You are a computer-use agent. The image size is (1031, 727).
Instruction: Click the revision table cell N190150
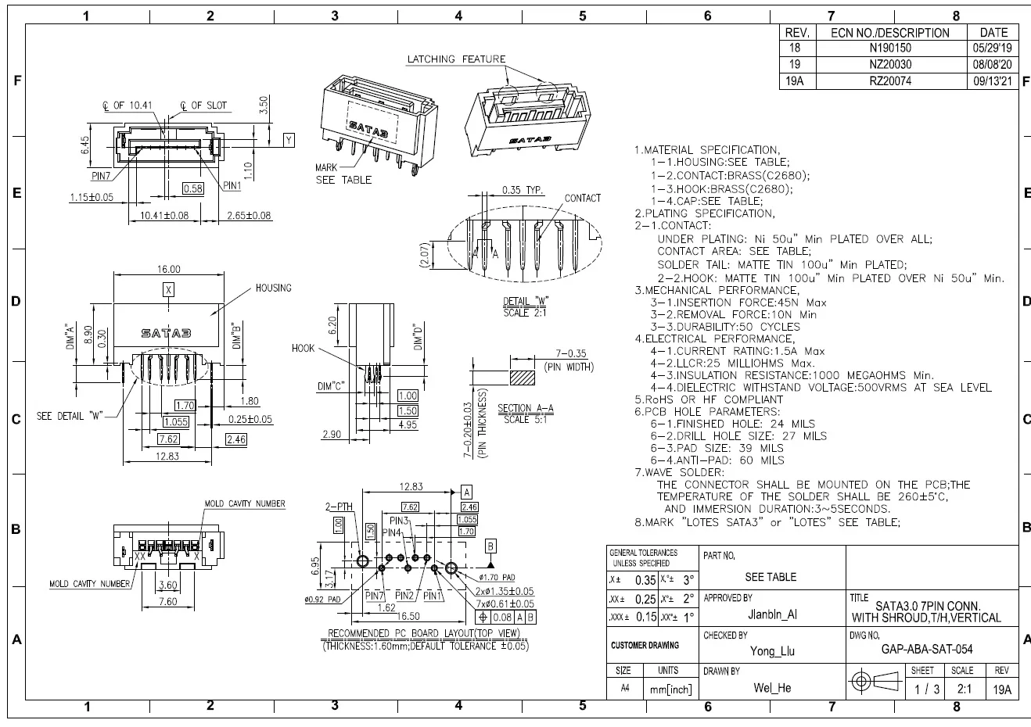[x=890, y=48]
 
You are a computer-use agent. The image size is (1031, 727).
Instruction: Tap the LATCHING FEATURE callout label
[x=456, y=59]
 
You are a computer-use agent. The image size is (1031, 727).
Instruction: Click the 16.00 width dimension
[x=168, y=269]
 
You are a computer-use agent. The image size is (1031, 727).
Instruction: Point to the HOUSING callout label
[x=273, y=288]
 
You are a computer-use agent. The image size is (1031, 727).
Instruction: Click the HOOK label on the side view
[x=303, y=348]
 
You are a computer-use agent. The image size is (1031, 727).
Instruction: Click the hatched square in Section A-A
[x=523, y=377]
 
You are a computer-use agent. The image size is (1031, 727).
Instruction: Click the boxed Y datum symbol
[x=289, y=140]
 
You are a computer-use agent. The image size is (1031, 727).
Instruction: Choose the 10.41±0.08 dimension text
[x=164, y=215]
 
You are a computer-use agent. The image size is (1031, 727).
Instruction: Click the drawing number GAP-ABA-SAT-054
[x=927, y=649]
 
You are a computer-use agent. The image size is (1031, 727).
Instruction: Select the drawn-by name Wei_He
[x=772, y=688]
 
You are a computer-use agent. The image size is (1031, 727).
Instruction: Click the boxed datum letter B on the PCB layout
[x=491, y=546]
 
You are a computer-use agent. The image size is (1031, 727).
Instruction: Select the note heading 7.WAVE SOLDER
[x=679, y=472]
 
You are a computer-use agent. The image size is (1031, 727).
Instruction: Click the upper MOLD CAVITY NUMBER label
[x=245, y=503]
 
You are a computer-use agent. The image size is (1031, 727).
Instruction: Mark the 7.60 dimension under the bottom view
[x=167, y=602]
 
